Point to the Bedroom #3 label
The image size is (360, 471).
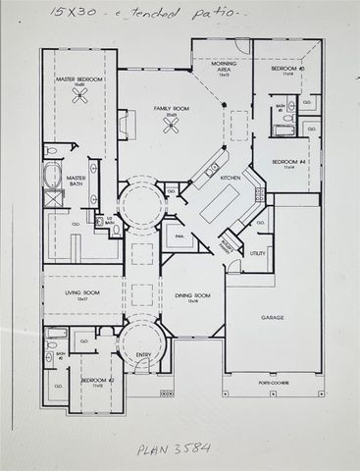288,70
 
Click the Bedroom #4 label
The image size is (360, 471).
288,162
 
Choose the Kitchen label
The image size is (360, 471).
231,178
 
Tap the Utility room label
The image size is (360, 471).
258,253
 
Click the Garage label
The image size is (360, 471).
273,318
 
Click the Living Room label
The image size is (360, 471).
81,293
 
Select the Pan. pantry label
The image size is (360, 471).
180,236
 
